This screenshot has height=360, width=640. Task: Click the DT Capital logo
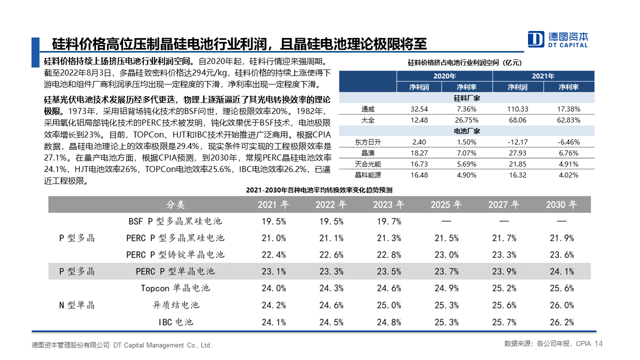pyautogui.click(x=557, y=39)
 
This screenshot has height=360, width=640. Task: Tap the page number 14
pyautogui.click(x=598, y=343)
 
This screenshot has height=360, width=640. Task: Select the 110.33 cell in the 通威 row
pyautogui.click(x=517, y=109)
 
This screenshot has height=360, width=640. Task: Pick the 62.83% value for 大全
pyautogui.click(x=568, y=120)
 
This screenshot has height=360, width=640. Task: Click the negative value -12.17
pyautogui.click(x=517, y=142)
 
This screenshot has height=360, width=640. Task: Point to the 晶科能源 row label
pyautogui.click(x=367, y=175)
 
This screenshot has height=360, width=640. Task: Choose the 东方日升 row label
pyautogui.click(x=367, y=142)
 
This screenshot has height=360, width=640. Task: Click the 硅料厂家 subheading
pyautogui.click(x=467, y=98)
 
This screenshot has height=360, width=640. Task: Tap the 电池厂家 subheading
pyautogui.click(x=467, y=131)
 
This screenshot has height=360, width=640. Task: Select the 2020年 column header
pyautogui.click(x=444, y=76)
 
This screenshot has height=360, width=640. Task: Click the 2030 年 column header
pyautogui.click(x=561, y=204)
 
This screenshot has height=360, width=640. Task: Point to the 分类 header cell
pyautogui.click(x=175, y=204)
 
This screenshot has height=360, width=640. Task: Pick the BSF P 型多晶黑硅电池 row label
pyautogui.click(x=175, y=221)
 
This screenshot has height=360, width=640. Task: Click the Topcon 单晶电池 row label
pyautogui.click(x=175, y=288)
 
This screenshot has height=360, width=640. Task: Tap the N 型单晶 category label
pyautogui.click(x=76, y=305)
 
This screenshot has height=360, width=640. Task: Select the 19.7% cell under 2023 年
pyautogui.click(x=389, y=221)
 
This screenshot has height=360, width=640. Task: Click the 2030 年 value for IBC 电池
pyautogui.click(x=561, y=322)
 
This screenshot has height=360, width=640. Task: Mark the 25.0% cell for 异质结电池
pyautogui.click(x=389, y=305)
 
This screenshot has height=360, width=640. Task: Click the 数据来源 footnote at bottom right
pyautogui.click(x=547, y=343)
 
